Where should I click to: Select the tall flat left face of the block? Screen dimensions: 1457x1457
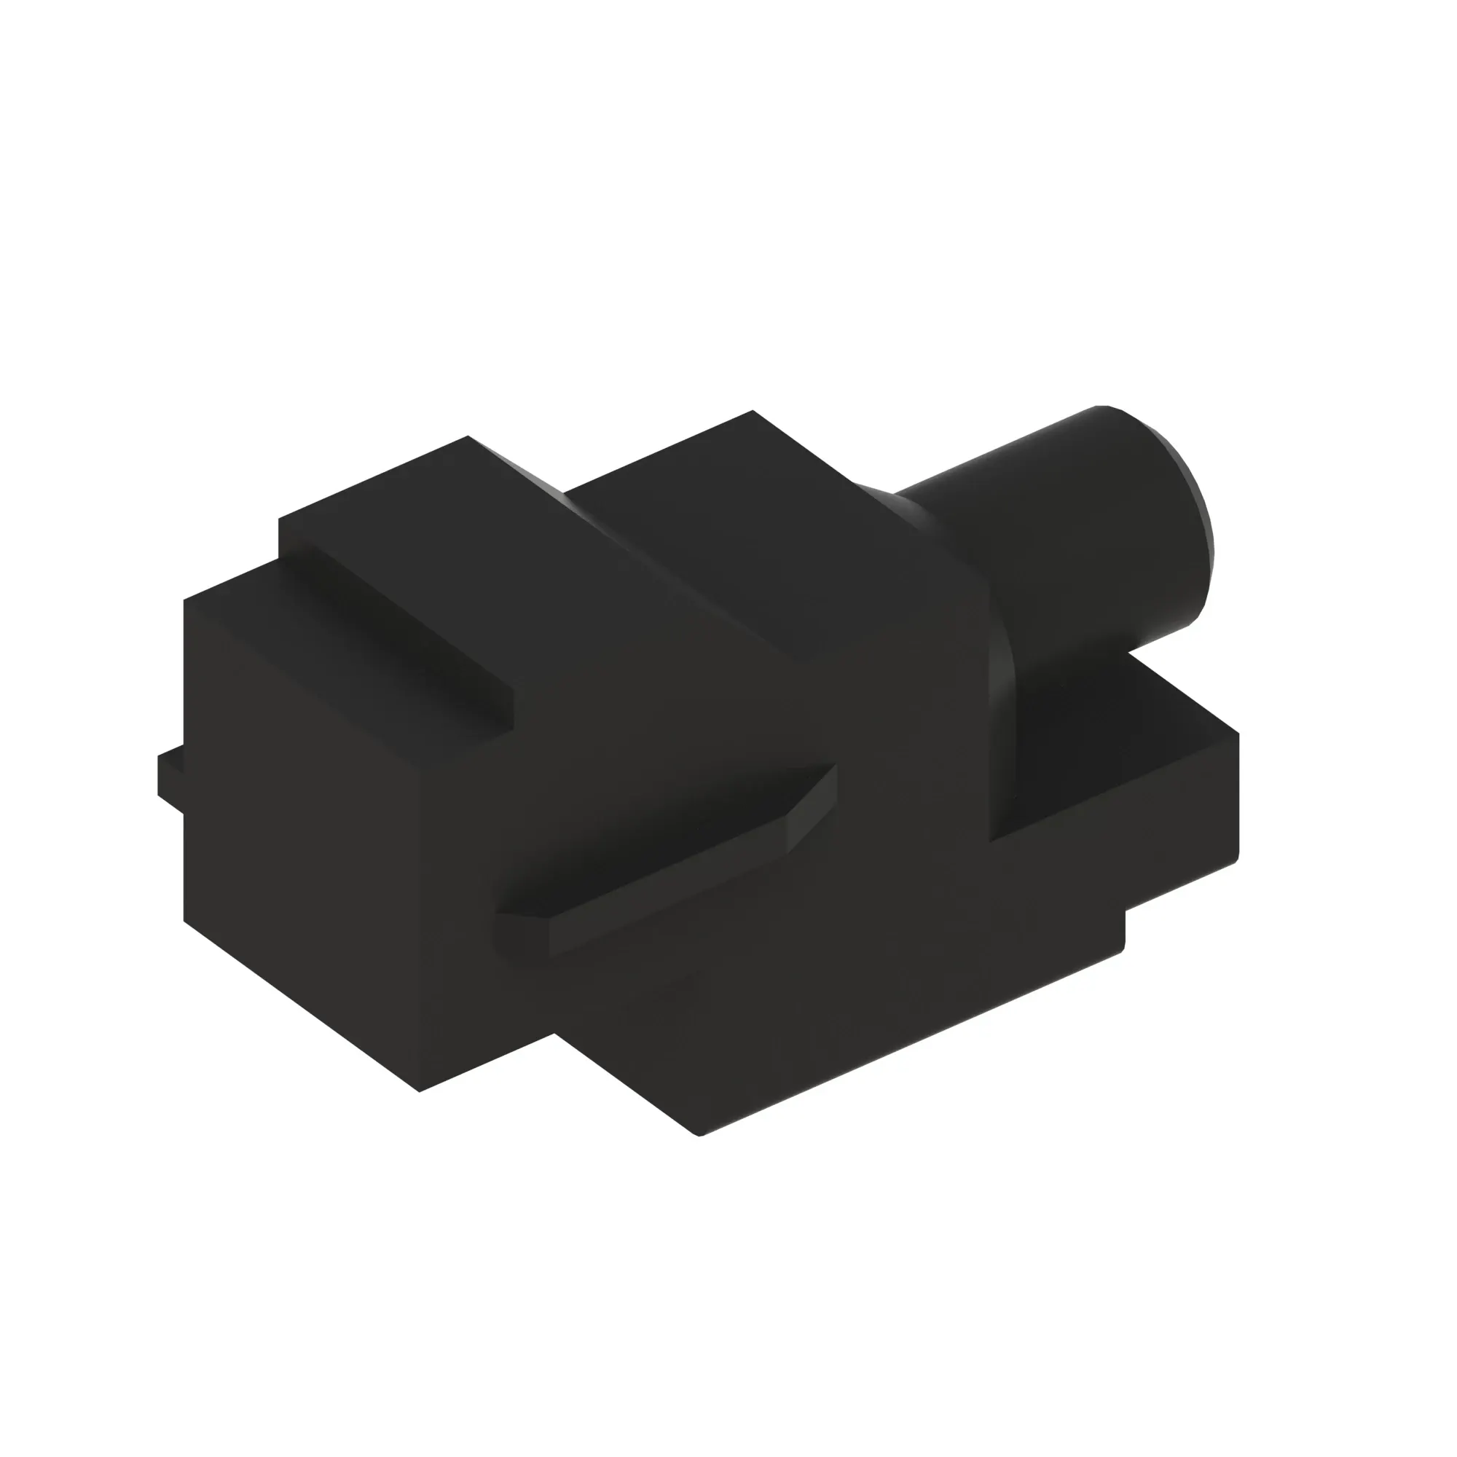[302, 830]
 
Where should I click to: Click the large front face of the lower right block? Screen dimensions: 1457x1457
[830, 1003]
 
